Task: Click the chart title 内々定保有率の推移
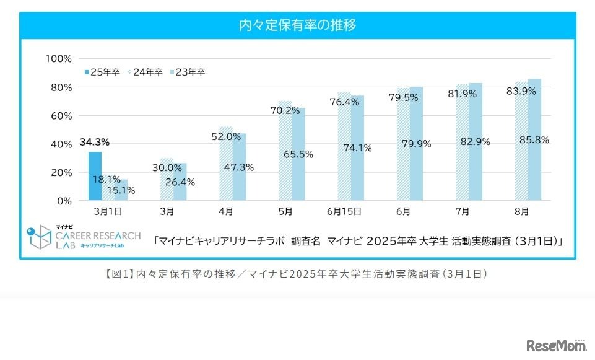(x=298, y=25)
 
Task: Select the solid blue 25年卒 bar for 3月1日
(x=95, y=176)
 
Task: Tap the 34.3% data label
(x=95, y=143)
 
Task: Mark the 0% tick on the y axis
(x=64, y=201)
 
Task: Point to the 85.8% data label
(x=534, y=140)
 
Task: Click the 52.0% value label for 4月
(x=225, y=136)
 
